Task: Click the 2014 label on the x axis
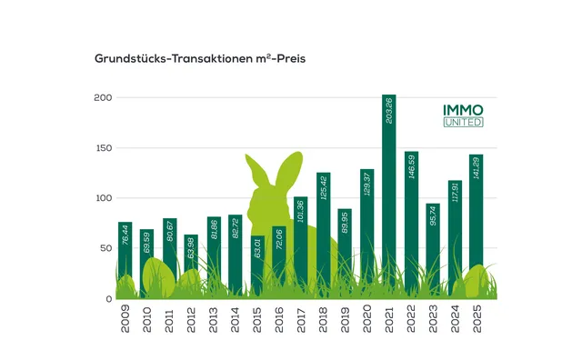point(236,322)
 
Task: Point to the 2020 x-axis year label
point(367,322)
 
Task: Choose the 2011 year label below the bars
point(169,322)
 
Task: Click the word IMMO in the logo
point(464,109)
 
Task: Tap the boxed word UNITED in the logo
point(464,122)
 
